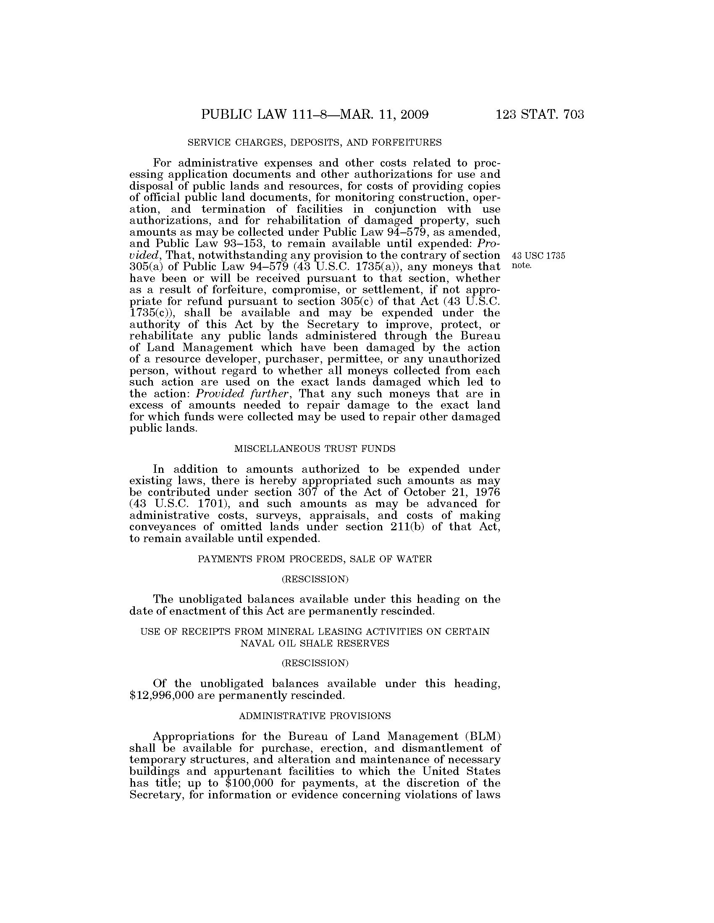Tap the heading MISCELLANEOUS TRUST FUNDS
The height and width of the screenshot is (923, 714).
point(315,449)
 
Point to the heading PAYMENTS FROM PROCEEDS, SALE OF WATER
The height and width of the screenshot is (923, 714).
point(315,559)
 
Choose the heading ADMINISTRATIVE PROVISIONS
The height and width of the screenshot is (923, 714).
point(315,716)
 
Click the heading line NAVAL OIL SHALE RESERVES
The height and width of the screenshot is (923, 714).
point(315,643)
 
